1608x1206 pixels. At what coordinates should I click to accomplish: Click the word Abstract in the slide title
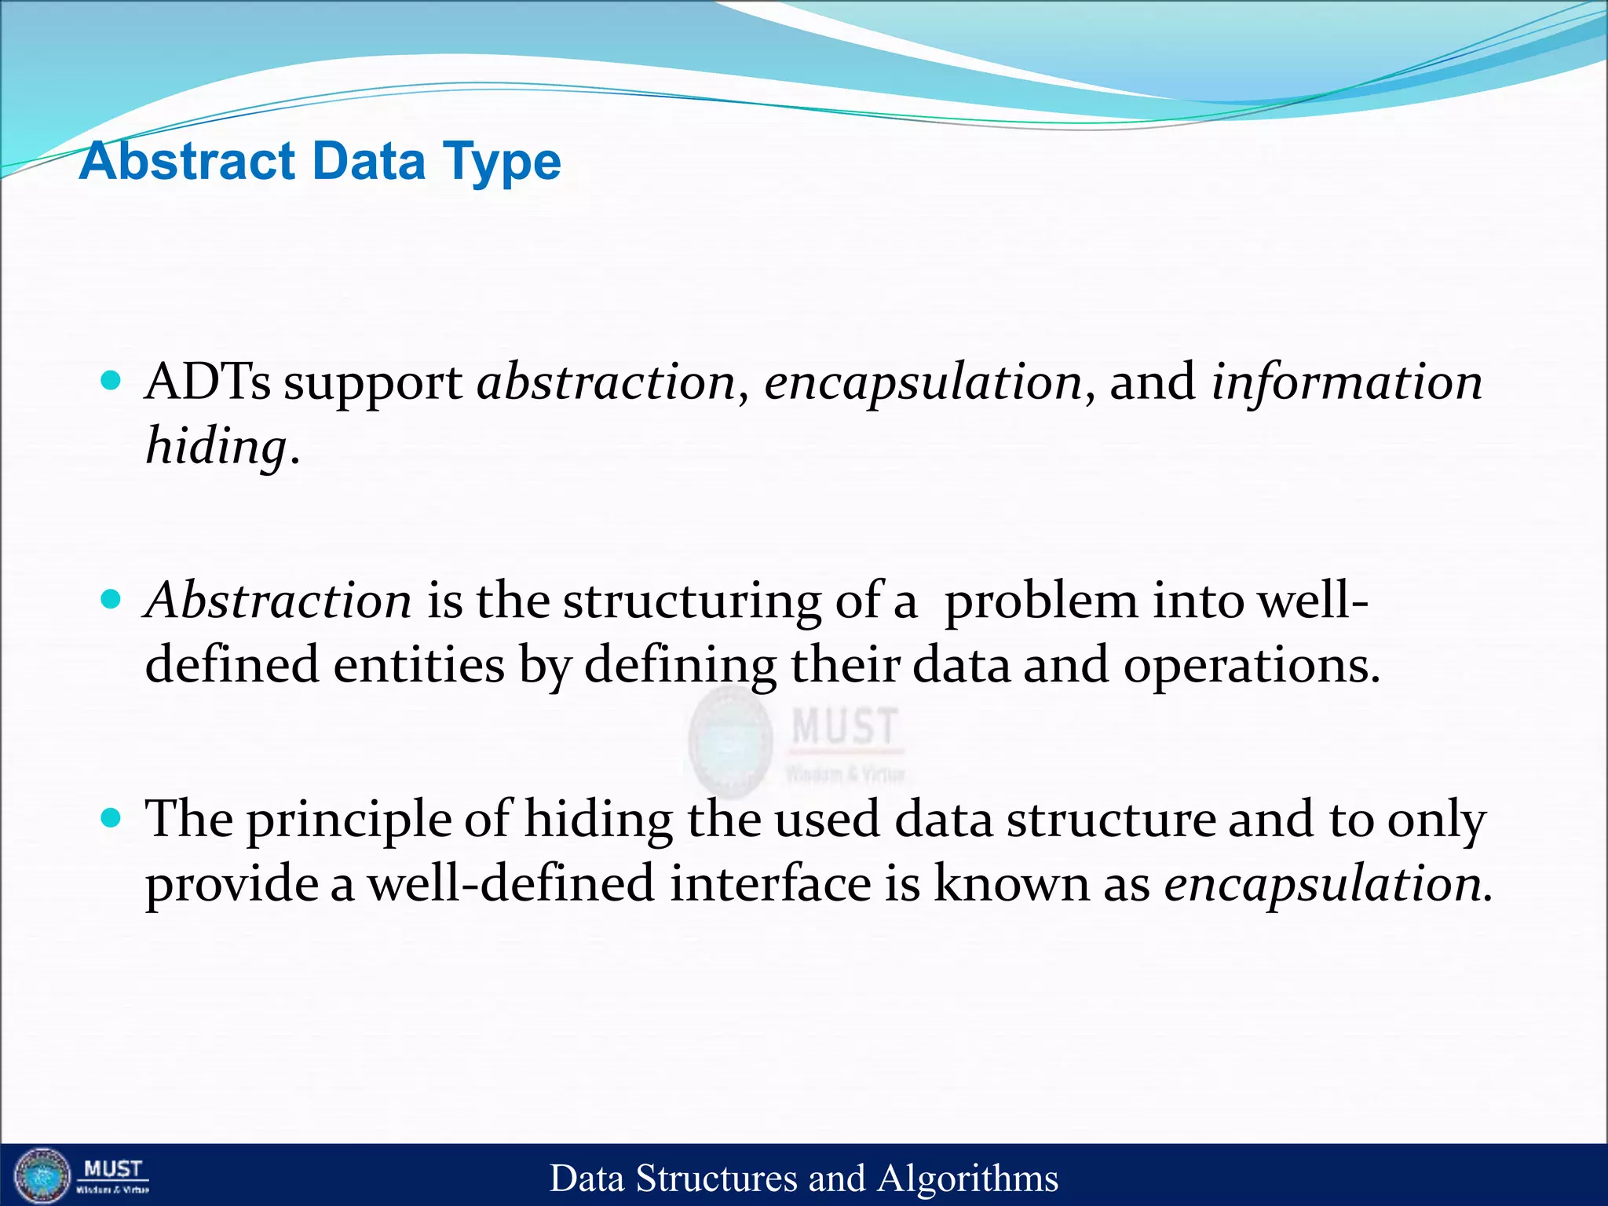[187, 161]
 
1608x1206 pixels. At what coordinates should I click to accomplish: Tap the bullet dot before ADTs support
[111, 382]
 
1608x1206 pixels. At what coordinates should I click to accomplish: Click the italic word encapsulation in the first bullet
[923, 383]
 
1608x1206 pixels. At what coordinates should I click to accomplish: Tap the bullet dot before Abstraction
[111, 600]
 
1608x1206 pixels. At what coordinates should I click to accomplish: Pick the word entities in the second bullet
[418, 664]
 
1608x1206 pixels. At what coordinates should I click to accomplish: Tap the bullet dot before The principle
[111, 818]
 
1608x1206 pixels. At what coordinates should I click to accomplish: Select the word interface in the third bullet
[770, 883]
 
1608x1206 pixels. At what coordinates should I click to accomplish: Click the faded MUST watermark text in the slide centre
[844, 726]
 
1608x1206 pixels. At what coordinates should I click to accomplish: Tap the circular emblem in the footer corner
[42, 1175]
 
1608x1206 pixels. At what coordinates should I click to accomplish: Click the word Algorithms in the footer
[967, 1179]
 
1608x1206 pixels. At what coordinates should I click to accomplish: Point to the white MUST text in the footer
[112, 1169]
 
